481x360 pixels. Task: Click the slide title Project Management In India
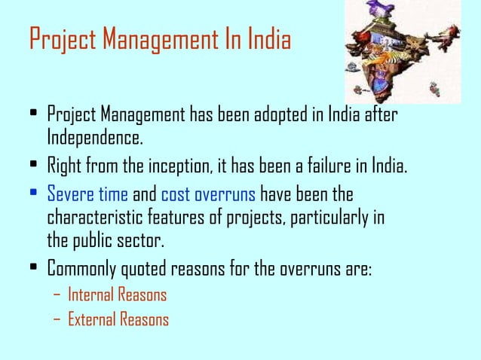pos(159,40)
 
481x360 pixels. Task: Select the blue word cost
pos(176,195)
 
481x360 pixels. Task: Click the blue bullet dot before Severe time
pos(32,195)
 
